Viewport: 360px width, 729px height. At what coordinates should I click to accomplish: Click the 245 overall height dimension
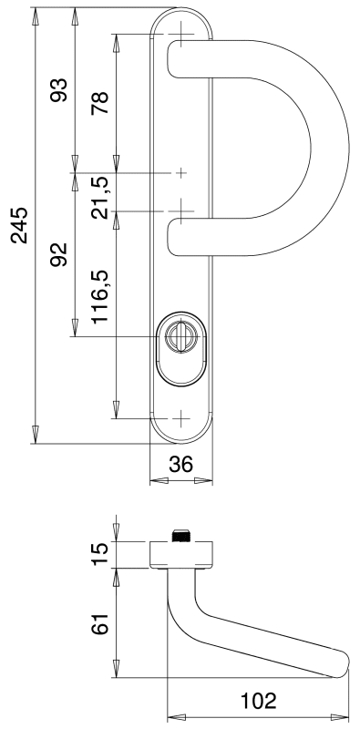(x=19, y=225)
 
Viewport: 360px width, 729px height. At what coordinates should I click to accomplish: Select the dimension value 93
(x=59, y=90)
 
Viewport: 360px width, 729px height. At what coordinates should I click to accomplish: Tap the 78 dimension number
(x=100, y=103)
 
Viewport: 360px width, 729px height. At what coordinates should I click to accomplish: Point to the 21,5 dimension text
(x=100, y=197)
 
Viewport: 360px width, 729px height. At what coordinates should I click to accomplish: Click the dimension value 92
(x=59, y=254)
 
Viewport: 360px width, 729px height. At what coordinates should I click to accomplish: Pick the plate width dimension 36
(x=181, y=464)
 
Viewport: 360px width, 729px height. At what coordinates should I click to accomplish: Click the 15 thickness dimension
(x=100, y=554)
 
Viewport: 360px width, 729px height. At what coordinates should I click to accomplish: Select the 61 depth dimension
(x=100, y=623)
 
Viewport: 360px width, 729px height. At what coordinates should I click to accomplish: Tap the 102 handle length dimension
(x=258, y=701)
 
